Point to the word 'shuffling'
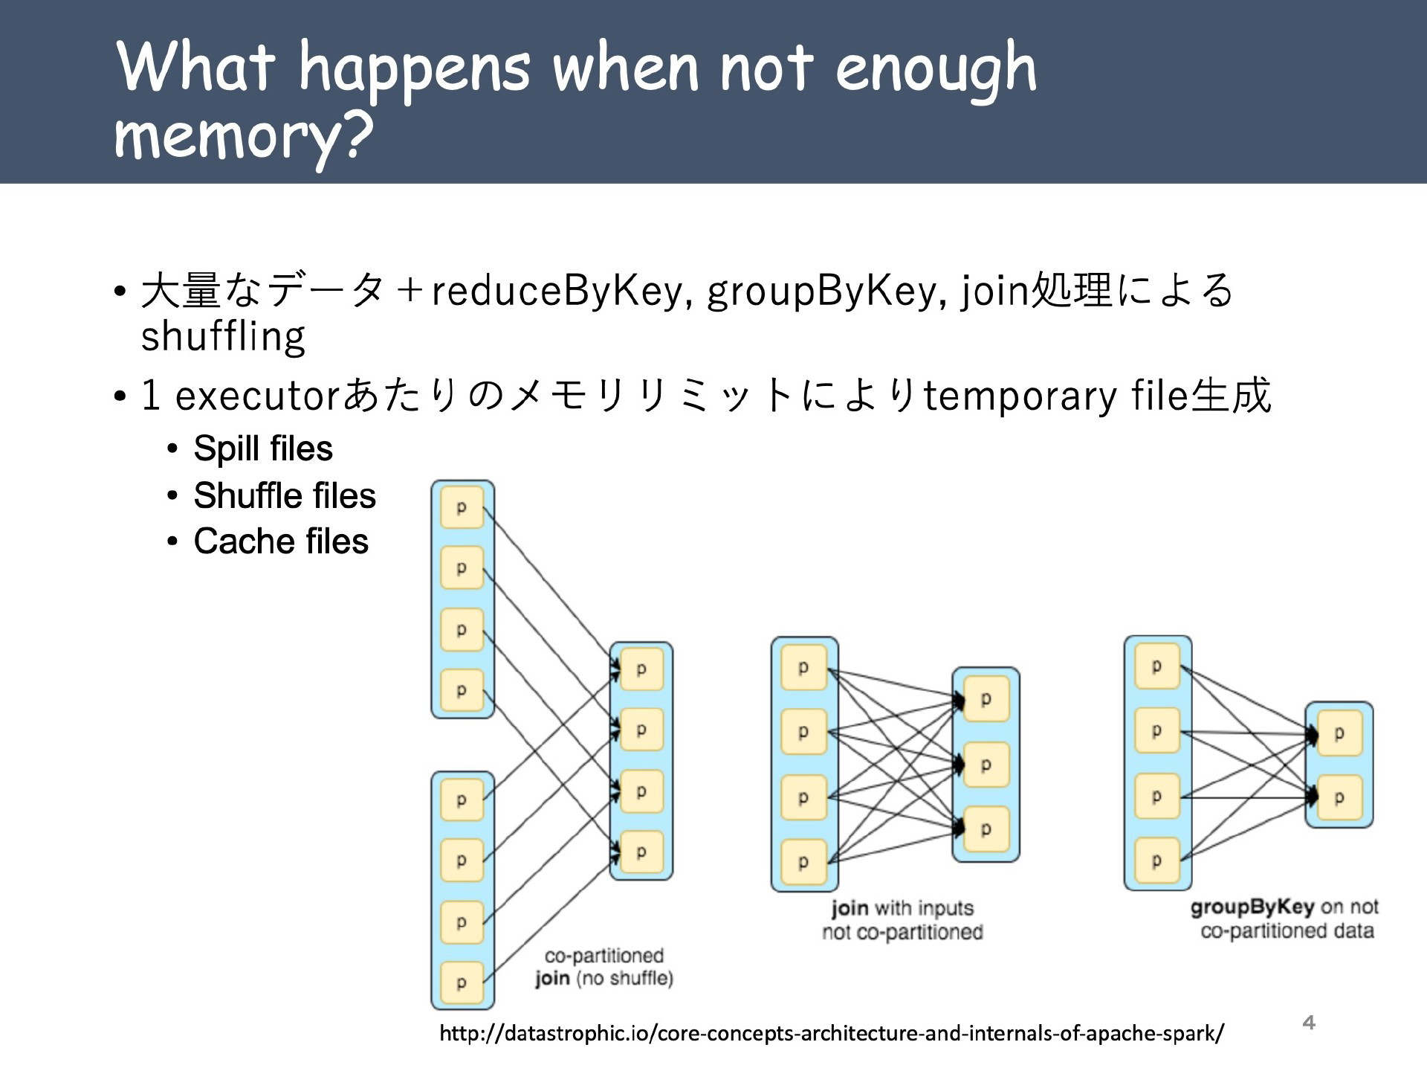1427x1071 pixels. pyautogui.click(x=223, y=336)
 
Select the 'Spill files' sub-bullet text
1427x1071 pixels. pyautogui.click(x=263, y=448)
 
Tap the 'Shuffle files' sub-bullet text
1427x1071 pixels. pyautogui.click(x=285, y=495)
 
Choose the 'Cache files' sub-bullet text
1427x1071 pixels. pyautogui.click(x=281, y=541)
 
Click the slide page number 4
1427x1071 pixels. pyautogui.click(x=1309, y=1023)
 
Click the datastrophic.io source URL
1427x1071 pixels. pyautogui.click(x=832, y=1033)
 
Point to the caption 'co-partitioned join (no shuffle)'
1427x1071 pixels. pyautogui.click(x=604, y=967)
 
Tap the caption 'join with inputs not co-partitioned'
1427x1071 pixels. pyautogui.click(x=902, y=920)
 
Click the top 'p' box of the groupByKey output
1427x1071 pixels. pyautogui.click(x=1339, y=733)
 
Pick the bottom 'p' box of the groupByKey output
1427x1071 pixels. pyautogui.click(x=1339, y=798)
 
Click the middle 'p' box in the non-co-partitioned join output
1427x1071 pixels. pyautogui.click(x=986, y=765)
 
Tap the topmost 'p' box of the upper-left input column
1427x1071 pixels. pyautogui.click(x=462, y=507)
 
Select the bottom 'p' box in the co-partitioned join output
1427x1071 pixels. pyautogui.click(x=641, y=852)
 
